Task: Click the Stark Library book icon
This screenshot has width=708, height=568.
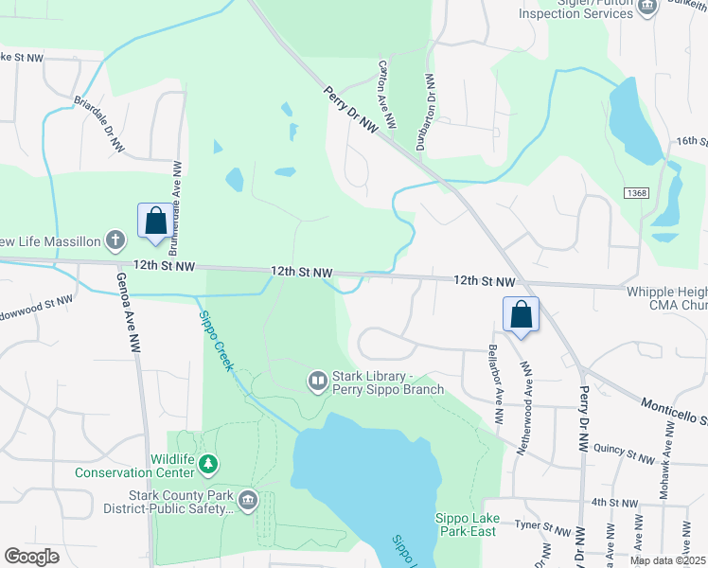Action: click(317, 382)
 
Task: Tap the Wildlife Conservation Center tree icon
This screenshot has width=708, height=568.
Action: click(208, 464)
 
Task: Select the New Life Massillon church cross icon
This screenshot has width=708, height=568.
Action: click(115, 240)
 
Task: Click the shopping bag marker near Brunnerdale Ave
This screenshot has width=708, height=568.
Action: click(156, 222)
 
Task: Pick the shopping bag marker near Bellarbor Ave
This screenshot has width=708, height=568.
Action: click(521, 315)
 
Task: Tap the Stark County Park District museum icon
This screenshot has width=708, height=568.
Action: click(248, 500)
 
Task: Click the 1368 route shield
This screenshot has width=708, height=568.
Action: click(636, 193)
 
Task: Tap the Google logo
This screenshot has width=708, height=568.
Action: click(31, 557)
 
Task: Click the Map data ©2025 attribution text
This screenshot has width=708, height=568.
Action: click(667, 560)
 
